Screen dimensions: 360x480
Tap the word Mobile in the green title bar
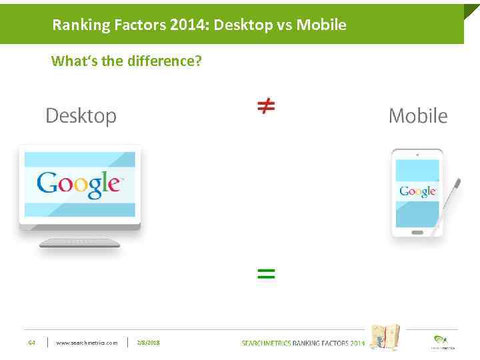tap(321, 25)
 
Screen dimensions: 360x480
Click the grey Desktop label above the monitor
tap(81, 116)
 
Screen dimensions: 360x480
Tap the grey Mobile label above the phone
tap(418, 116)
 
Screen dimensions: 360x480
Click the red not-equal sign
tap(266, 106)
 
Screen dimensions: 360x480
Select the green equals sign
tap(266, 273)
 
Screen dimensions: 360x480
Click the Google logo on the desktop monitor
tap(79, 183)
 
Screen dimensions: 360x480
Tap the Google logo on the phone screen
tap(417, 191)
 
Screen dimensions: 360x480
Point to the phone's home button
tap(417, 233)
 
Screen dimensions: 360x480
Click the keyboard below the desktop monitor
tap(79, 243)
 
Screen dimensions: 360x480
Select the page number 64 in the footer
tap(31, 343)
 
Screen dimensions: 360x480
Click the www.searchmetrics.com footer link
tap(87, 343)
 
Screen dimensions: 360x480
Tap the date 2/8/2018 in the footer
tap(148, 343)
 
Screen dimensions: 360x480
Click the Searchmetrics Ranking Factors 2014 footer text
tap(303, 343)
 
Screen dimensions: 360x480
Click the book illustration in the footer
tap(385, 337)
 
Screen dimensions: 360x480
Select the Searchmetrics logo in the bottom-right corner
tap(440, 341)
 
